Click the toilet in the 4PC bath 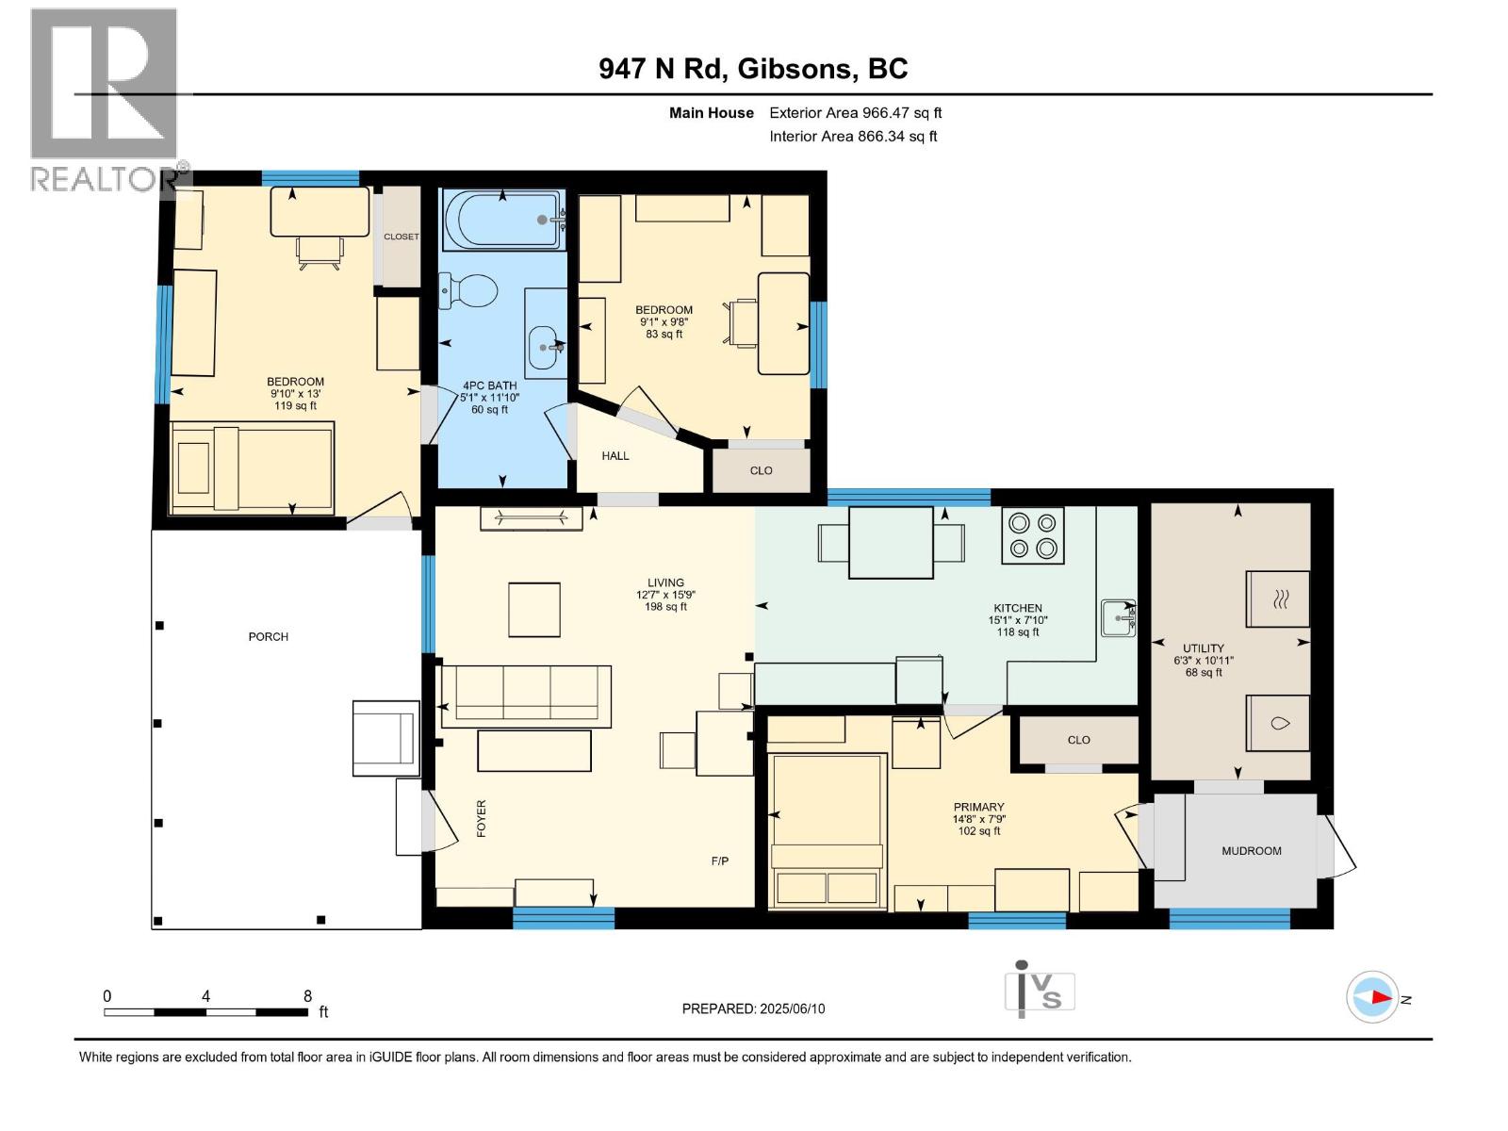pyautogui.click(x=469, y=290)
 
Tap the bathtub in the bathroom pyautogui.click(x=502, y=220)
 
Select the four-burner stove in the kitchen pyautogui.click(x=1033, y=535)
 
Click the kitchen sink pyautogui.click(x=1119, y=618)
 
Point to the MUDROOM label pyautogui.click(x=1251, y=851)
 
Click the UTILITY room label pyautogui.click(x=1204, y=648)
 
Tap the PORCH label pyautogui.click(x=268, y=637)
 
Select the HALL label pyautogui.click(x=615, y=456)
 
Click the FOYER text pyautogui.click(x=482, y=819)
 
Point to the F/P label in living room pyautogui.click(x=719, y=861)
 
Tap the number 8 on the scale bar pyautogui.click(x=307, y=995)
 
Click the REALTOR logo pyautogui.click(x=105, y=99)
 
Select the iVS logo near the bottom pyautogui.click(x=1039, y=990)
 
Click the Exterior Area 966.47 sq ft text pyautogui.click(x=855, y=113)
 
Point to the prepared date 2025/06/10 pyautogui.click(x=753, y=1008)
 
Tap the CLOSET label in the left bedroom pyautogui.click(x=401, y=237)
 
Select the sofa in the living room pyautogui.click(x=526, y=696)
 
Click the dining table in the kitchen pyautogui.click(x=891, y=543)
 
